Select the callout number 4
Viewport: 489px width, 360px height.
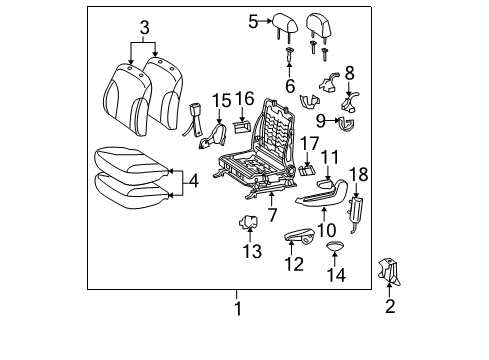pos(194,181)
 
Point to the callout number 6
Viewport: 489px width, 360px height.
pos(289,87)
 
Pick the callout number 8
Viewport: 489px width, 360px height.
pos(349,72)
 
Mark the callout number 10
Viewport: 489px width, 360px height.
pos(326,230)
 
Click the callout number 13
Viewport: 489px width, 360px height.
pos(250,249)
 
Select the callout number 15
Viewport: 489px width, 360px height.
pos(221,100)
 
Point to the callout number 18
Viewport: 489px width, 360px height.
pos(359,174)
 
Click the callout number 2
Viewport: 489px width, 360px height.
pos(389,306)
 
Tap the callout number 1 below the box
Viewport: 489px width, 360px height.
pos(237,307)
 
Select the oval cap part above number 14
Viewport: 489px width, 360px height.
pos(334,245)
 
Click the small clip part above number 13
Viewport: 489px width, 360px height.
pos(249,222)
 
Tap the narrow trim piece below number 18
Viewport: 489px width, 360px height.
pos(354,208)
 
